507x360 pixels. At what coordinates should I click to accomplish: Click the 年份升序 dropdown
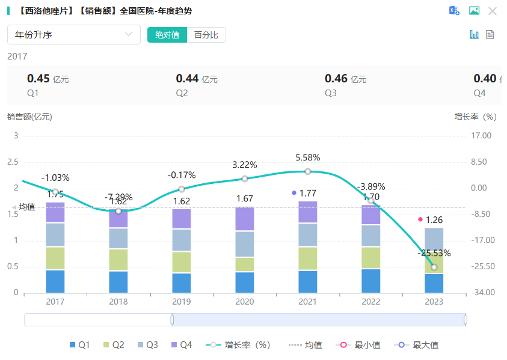click(x=73, y=35)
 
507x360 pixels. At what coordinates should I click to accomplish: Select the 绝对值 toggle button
click(x=167, y=35)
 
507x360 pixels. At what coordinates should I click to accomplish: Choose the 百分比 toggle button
click(x=206, y=35)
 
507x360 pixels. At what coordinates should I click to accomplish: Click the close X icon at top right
click(x=493, y=11)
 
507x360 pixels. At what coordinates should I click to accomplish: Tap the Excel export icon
click(x=454, y=11)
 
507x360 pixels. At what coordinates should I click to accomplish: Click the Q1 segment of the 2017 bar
click(x=55, y=281)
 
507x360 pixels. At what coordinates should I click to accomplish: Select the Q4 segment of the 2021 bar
click(x=308, y=212)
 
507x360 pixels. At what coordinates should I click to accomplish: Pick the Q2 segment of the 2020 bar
click(x=245, y=264)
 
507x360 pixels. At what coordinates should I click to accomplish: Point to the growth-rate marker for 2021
click(x=308, y=171)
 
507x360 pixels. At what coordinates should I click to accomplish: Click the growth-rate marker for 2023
click(x=434, y=267)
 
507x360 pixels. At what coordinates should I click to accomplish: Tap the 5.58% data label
click(x=308, y=157)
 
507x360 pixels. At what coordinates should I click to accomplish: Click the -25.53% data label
click(x=434, y=253)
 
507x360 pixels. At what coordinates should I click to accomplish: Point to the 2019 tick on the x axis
click(x=182, y=302)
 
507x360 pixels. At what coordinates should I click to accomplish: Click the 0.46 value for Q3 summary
click(x=336, y=79)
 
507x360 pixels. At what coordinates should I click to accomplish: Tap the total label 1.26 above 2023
click(x=434, y=220)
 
